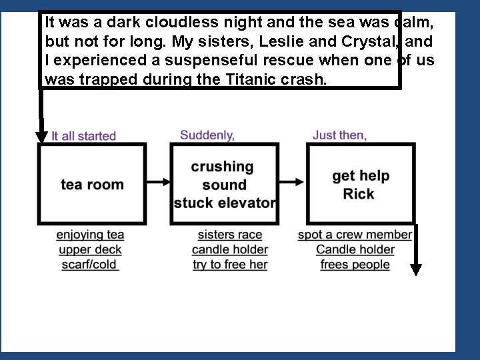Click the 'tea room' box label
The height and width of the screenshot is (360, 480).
(x=92, y=185)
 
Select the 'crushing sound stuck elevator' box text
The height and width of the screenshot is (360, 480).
(x=224, y=185)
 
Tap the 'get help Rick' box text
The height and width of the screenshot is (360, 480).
(x=360, y=185)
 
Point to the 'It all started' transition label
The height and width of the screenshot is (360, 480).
(x=84, y=136)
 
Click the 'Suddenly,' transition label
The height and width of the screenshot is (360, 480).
(x=207, y=135)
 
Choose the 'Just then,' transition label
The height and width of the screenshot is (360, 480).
(x=339, y=135)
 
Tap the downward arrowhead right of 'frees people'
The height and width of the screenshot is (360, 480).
(x=416, y=269)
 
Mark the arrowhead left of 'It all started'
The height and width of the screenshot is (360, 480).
(x=41, y=136)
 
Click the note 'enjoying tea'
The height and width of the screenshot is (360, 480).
(x=90, y=235)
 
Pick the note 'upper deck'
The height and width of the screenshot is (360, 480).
(x=90, y=250)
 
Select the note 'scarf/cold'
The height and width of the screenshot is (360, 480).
(x=90, y=265)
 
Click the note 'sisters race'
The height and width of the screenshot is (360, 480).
(x=230, y=235)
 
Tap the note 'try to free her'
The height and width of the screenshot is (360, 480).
(x=230, y=265)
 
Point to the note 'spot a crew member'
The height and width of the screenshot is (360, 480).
(x=355, y=235)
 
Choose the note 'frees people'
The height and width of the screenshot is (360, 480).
(x=355, y=265)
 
